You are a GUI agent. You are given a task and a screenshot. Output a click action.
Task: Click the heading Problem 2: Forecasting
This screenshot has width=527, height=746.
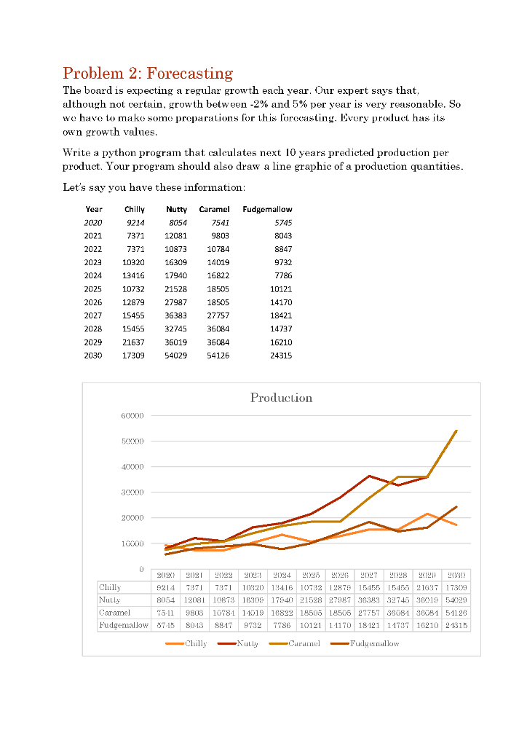pos(148,73)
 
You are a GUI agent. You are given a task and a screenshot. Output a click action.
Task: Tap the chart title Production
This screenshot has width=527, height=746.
pos(281,398)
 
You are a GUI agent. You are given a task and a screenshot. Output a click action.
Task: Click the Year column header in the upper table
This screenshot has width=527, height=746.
pos(93,209)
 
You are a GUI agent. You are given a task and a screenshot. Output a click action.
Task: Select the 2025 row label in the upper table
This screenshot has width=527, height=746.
pos(93,289)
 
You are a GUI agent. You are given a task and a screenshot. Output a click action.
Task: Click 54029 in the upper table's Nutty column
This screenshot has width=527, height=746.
pos(175,356)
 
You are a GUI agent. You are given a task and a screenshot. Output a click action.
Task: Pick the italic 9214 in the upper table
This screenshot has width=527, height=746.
pos(135,223)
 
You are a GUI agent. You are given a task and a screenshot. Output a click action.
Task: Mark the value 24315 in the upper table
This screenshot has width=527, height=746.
pos(280,356)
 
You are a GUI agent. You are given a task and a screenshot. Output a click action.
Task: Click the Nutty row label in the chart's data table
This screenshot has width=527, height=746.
pos(110,600)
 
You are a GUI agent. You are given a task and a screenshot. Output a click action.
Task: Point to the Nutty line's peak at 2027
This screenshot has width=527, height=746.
pos(369,476)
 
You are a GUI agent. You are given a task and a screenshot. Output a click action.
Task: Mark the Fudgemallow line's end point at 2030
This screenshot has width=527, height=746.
pos(456,506)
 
